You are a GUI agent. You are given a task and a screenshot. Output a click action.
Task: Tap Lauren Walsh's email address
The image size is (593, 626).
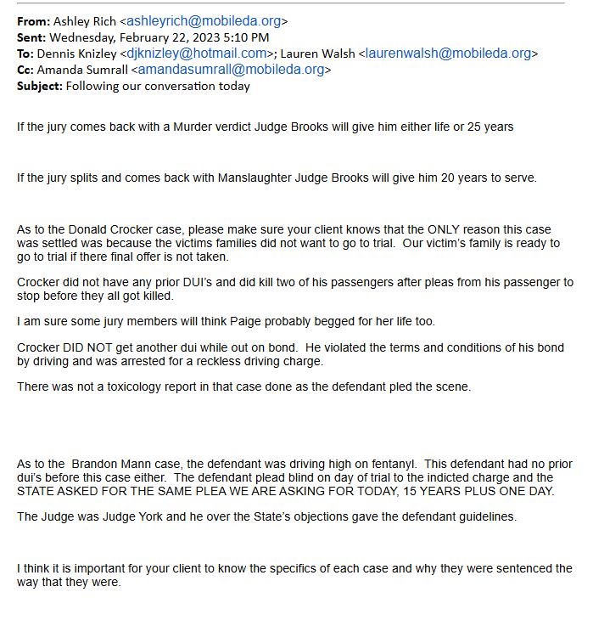[449, 54]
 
